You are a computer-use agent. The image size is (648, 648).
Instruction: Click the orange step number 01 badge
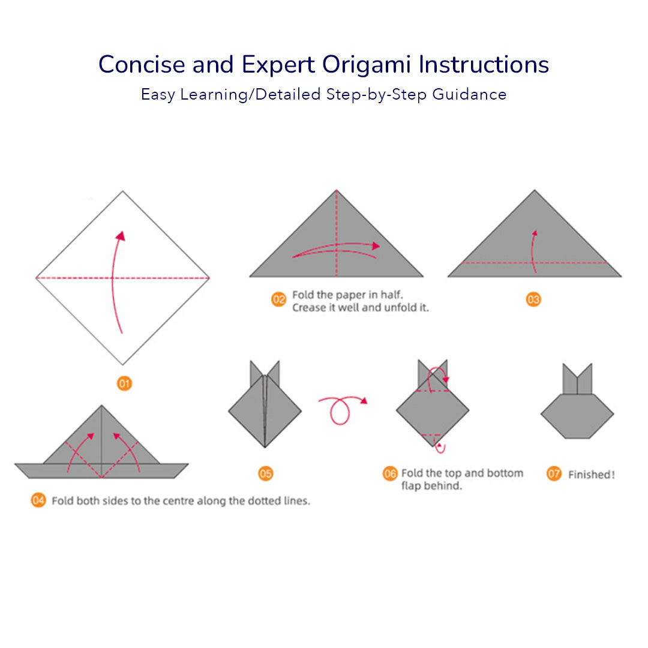click(124, 383)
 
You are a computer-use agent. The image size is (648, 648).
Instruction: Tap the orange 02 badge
click(278, 299)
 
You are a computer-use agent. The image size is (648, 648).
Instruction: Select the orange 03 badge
click(533, 299)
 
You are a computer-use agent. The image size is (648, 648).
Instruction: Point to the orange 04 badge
click(38, 500)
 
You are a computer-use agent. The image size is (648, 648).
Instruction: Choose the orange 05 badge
click(265, 473)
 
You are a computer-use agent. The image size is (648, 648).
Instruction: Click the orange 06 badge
click(390, 473)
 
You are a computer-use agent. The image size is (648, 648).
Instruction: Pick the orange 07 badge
click(554, 473)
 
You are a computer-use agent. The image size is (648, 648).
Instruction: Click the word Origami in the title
click(366, 65)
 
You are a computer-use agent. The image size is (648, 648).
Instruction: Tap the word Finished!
click(592, 475)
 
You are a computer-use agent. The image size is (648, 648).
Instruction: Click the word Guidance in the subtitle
click(469, 95)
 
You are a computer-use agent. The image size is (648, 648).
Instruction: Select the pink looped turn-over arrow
click(341, 409)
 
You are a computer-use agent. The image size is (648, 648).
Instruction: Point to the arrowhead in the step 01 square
click(121, 236)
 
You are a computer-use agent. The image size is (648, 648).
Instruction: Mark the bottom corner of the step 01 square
click(122, 365)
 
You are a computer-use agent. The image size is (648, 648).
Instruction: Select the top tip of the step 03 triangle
click(535, 190)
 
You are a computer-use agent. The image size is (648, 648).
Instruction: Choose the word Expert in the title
click(279, 65)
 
